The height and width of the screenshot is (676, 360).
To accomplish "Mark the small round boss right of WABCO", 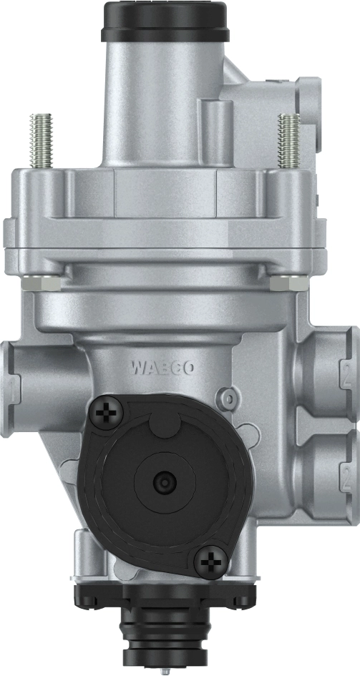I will pos(228,395).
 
